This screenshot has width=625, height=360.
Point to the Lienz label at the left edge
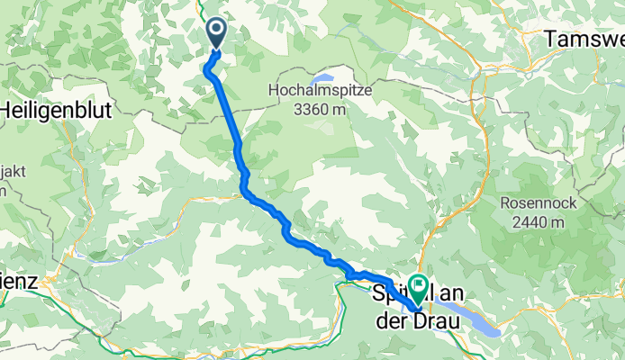[18, 282]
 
